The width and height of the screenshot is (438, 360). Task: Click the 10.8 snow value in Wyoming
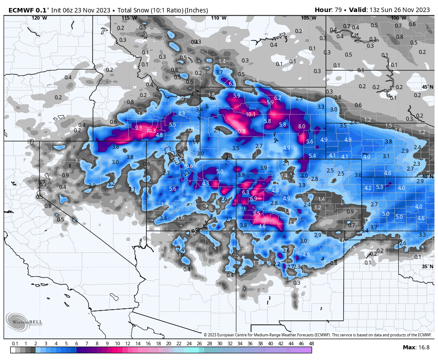241,131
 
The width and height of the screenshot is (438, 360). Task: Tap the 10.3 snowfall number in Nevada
151,131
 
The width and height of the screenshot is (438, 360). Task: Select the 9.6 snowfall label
138,128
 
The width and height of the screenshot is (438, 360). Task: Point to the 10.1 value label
251,115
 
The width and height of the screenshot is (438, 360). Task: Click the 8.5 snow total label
256,213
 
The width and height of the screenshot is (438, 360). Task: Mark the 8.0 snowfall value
302,127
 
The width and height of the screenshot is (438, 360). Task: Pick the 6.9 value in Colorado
254,198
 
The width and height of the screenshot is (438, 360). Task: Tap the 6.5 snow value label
232,83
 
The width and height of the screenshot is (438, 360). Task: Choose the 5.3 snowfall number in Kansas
379,187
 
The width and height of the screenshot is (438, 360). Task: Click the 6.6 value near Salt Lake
189,166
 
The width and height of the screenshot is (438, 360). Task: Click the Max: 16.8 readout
416,348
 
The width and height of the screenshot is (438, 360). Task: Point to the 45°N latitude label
427,87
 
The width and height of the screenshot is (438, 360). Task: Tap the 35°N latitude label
427,266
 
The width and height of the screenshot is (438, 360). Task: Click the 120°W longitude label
39,18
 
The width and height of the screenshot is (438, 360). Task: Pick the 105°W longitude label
308,18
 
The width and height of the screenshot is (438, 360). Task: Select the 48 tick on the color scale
311,344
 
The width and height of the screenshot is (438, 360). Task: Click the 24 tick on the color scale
189,344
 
